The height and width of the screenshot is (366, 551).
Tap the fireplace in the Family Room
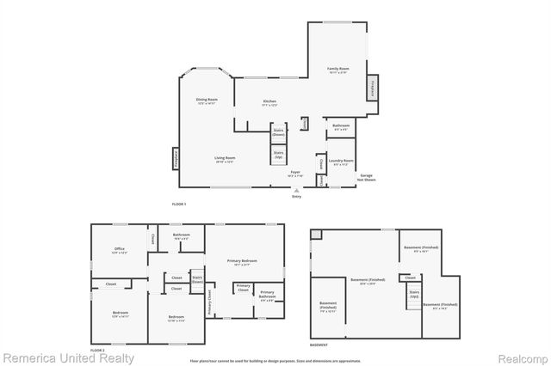373,87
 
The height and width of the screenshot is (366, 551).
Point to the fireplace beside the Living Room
175,159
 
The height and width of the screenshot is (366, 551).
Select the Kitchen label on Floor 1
269,101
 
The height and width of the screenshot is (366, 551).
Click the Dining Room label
207,101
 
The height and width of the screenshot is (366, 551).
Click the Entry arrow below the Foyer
296,192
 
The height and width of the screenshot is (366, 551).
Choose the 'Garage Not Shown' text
367,177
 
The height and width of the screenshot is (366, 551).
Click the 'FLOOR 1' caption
179,204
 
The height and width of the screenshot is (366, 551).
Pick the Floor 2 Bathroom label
181,235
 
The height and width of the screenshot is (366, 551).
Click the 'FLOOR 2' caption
97,351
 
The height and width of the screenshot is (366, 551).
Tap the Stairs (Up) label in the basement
414,294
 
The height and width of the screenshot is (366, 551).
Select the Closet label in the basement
410,278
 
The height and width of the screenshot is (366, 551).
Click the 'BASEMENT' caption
319,345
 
